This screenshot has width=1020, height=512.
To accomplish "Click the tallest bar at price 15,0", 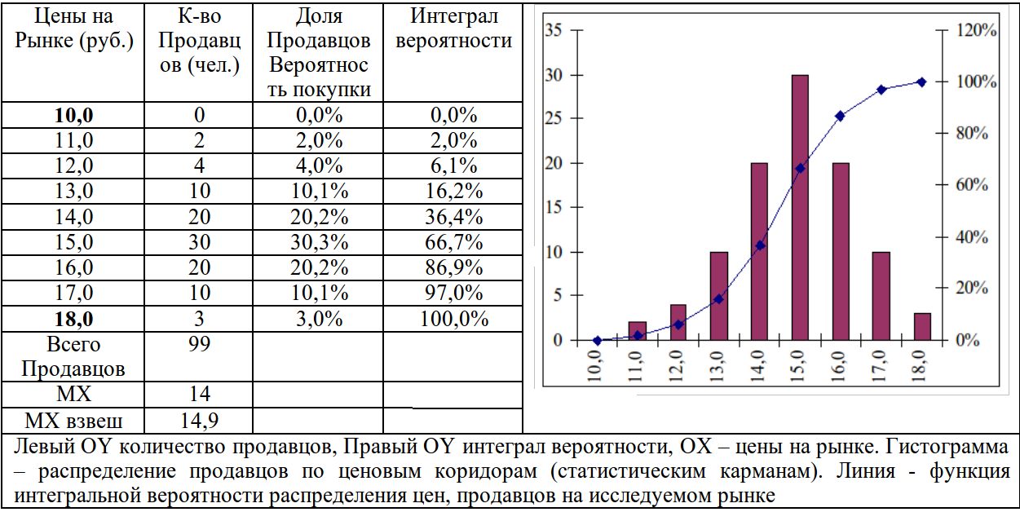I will pyautogui.click(x=800, y=207).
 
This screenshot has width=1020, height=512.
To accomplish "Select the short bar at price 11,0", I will pyautogui.click(x=638, y=331).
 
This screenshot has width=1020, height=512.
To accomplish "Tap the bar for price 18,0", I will pyautogui.click(x=922, y=326).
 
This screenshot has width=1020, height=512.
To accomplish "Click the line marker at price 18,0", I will pyautogui.click(x=921, y=82).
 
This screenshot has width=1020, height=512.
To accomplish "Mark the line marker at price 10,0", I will pyautogui.click(x=598, y=340).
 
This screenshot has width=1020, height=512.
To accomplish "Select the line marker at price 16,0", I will pyautogui.click(x=840, y=116).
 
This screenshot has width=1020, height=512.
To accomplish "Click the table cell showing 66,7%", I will pyautogui.click(x=453, y=242).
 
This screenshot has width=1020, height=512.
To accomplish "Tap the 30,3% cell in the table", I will pyautogui.click(x=318, y=242).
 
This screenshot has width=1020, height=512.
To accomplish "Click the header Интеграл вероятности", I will pyautogui.click(x=453, y=29).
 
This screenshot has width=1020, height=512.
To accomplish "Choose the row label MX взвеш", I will pyautogui.click(x=74, y=421).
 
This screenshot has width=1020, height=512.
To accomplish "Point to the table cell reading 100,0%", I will pyautogui.click(x=453, y=319).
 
